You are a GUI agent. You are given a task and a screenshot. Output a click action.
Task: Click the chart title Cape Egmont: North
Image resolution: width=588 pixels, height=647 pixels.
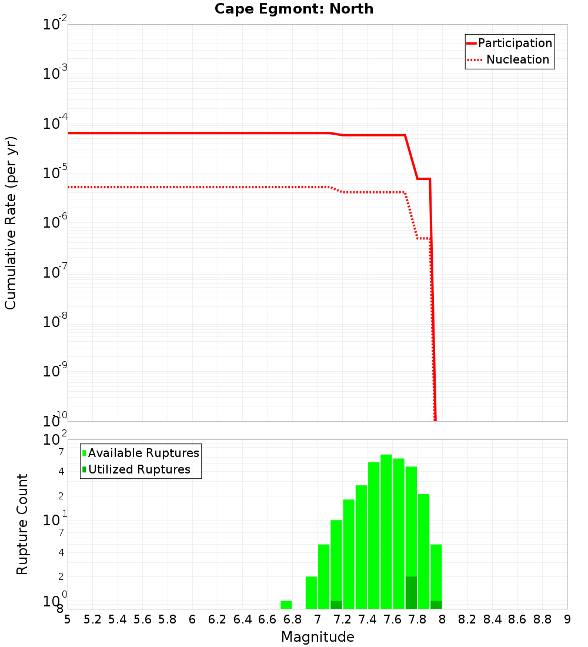(294, 9)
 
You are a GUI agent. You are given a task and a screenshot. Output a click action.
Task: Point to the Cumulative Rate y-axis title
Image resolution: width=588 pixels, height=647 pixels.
(11, 222)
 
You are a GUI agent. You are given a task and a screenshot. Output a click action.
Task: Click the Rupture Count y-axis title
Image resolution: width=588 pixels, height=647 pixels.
(22, 524)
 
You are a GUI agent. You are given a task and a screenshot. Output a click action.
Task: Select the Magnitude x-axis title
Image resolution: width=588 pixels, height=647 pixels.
(318, 636)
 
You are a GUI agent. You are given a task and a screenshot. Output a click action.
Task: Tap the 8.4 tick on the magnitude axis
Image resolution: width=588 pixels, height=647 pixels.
(492, 619)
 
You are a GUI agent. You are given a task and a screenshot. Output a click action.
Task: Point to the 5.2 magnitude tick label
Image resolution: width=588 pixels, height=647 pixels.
(92, 619)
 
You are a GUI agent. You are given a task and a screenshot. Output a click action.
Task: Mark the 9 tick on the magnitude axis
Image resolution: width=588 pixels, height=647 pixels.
(567, 619)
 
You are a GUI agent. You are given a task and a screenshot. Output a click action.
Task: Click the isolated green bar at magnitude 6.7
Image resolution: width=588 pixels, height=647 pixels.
(286, 605)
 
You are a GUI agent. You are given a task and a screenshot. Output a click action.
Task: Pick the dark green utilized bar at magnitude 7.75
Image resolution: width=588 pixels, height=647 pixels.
(411, 593)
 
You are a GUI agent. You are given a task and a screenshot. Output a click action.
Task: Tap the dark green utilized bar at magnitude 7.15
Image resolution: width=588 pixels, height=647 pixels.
(336, 605)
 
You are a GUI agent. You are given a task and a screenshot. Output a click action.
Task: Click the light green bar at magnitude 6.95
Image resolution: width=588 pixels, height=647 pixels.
(311, 592)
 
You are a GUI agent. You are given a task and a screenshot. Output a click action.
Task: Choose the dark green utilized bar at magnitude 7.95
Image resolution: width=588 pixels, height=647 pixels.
(436, 605)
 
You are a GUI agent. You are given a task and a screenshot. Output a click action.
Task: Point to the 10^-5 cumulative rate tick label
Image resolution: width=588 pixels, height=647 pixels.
(56, 173)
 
